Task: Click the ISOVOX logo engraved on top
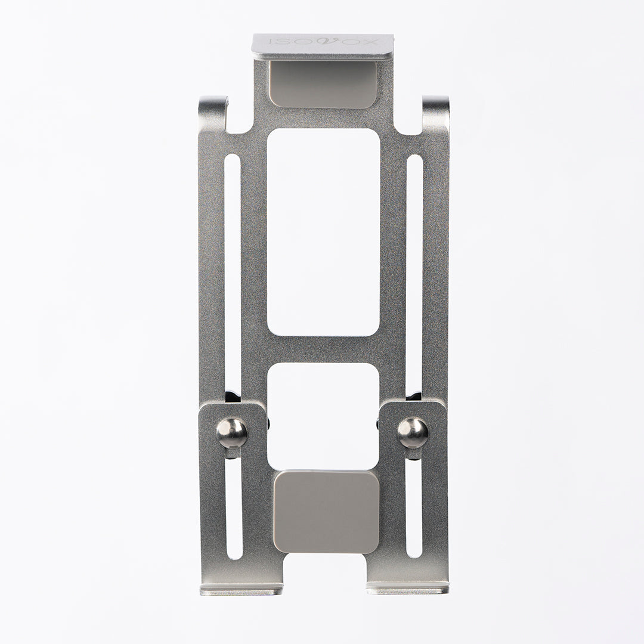pyautogui.click(x=323, y=42)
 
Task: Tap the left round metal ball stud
pyautogui.click(x=232, y=432)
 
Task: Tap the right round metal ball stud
pyautogui.click(x=413, y=432)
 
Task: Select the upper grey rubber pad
pyautogui.click(x=323, y=85)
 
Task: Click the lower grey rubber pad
pyautogui.click(x=326, y=512)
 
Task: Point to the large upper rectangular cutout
pyautogui.click(x=323, y=232)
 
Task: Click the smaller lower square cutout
pyautogui.click(x=323, y=416)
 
